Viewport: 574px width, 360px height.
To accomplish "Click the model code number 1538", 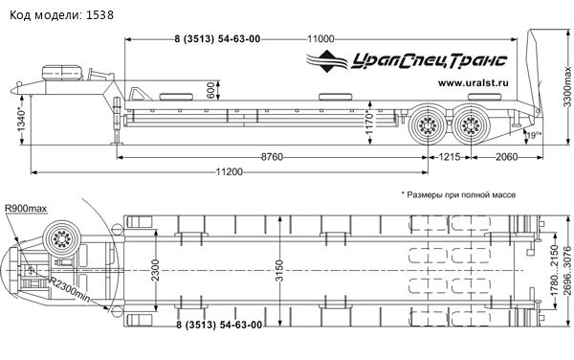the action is tap(99, 15).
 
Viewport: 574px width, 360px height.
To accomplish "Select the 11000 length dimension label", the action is tap(320, 39).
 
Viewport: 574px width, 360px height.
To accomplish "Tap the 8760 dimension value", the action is tap(272, 157).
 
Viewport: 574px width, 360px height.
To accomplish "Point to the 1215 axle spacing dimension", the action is tap(450, 157).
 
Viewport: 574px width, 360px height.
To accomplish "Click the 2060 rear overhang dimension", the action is tap(507, 157).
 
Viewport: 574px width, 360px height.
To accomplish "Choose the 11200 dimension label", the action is tap(230, 171).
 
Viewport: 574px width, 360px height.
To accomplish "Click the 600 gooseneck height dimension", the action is tap(210, 90).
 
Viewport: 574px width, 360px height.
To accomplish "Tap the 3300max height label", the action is tap(567, 86).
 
